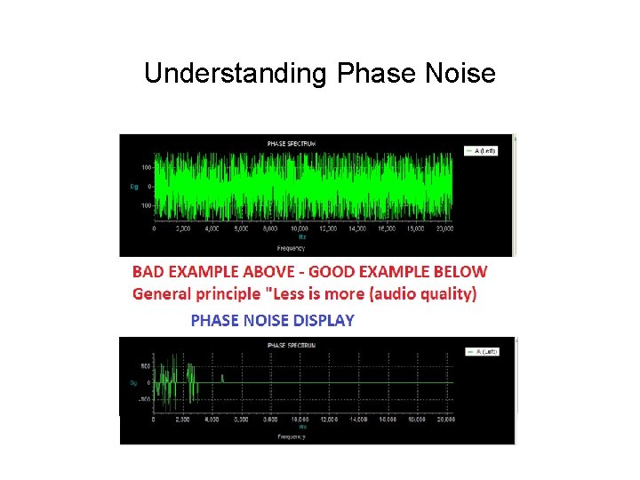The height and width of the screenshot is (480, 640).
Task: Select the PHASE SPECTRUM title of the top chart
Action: pyautogui.click(x=291, y=143)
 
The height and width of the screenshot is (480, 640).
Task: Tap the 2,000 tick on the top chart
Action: pyautogui.click(x=183, y=228)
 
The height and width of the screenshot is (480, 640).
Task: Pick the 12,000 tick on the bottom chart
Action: pyautogui.click(x=330, y=419)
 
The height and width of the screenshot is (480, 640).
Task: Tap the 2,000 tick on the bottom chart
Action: pyautogui.click(x=183, y=419)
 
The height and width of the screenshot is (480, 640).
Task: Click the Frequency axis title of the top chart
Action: pyautogui.click(x=291, y=248)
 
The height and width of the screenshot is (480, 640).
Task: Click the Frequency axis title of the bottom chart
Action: pyautogui.click(x=291, y=436)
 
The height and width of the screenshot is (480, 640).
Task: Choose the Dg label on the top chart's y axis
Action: pyautogui.click(x=134, y=187)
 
